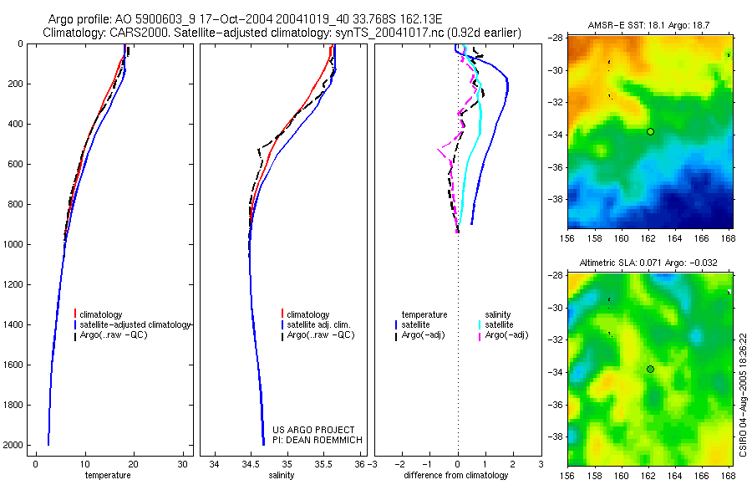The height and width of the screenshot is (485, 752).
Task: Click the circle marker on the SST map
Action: (650, 131)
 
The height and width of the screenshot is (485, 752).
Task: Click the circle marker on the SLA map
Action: (650, 369)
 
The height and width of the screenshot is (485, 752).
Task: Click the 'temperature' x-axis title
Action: (108, 475)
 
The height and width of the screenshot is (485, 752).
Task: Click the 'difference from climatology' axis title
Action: (455, 475)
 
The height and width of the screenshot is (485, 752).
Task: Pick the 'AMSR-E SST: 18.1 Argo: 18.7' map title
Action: (648, 28)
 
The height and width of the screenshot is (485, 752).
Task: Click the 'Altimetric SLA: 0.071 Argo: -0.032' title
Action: (648, 263)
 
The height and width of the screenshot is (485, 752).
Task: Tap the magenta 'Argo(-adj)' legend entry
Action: (506, 335)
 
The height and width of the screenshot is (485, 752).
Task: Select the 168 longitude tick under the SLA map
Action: (728, 474)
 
